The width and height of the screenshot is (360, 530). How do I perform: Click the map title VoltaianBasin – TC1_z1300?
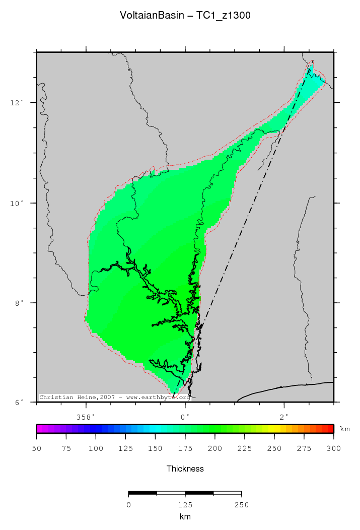(185, 16)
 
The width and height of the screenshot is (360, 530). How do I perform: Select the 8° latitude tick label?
(19, 303)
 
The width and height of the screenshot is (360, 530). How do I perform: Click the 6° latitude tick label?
(19, 403)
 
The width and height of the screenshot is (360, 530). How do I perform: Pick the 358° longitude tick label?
(86, 417)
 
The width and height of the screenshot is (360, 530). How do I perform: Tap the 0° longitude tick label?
(185, 417)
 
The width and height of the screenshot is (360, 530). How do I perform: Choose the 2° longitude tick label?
(284, 417)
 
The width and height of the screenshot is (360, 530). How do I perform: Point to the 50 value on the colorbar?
(36, 448)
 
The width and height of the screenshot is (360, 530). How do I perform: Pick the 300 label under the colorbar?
(333, 448)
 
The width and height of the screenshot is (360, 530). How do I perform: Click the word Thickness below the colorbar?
(185, 469)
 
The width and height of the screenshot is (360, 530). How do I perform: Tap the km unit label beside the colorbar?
(345, 429)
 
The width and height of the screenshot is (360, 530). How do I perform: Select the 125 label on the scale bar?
(185, 504)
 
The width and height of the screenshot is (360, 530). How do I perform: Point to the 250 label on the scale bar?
(242, 504)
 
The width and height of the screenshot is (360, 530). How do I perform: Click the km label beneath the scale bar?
(185, 516)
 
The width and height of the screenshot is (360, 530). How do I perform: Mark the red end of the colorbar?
(330, 429)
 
